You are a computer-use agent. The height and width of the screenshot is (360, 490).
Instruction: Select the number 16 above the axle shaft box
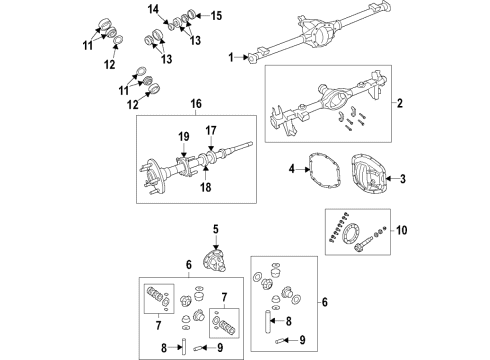(x=196, y=104)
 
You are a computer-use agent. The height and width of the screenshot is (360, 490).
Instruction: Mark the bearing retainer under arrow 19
(x=183, y=163)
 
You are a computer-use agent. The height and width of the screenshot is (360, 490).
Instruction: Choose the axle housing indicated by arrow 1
(x=330, y=35)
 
